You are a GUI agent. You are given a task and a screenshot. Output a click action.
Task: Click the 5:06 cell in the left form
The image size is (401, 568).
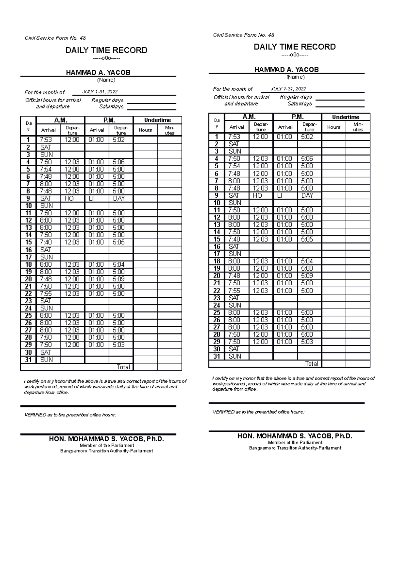pyautogui.click(x=119, y=162)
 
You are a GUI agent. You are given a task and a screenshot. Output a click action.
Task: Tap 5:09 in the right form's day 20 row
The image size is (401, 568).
pyautogui.click(x=307, y=276)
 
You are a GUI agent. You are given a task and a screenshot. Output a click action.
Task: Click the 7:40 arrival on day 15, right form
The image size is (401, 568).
pyautogui.click(x=234, y=239)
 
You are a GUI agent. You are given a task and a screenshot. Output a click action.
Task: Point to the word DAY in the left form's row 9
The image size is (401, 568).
pyautogui.click(x=119, y=198)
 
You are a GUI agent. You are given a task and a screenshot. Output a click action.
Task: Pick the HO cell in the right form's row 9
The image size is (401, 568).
pyautogui.click(x=257, y=195)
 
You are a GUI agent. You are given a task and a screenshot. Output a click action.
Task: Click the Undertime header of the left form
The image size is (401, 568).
pyautogui.click(x=157, y=120)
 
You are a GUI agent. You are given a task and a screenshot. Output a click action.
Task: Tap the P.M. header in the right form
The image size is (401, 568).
pyautogui.click(x=297, y=117)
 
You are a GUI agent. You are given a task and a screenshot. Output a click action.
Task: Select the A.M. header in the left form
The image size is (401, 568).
pyautogui.click(x=60, y=120)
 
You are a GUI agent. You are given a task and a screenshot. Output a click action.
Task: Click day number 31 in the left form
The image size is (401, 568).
pyautogui.click(x=28, y=360)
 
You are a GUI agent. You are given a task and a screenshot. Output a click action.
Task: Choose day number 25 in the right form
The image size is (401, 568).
pyautogui.click(x=217, y=312)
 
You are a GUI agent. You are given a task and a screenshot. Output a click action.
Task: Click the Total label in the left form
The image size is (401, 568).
pyautogui.click(x=123, y=367)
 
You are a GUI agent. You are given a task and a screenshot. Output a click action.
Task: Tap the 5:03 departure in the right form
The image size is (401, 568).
pyautogui.click(x=307, y=342)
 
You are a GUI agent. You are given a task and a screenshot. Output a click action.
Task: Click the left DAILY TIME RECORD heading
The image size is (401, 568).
pyautogui.click(x=106, y=50)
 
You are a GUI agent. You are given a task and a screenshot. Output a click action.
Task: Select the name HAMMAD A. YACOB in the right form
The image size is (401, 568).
pyautogui.click(x=286, y=70)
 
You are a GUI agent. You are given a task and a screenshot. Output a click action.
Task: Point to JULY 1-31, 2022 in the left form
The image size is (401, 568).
pyautogui.click(x=100, y=92)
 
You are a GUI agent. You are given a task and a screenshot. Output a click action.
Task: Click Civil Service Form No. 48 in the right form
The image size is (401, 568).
pyautogui.click(x=244, y=35)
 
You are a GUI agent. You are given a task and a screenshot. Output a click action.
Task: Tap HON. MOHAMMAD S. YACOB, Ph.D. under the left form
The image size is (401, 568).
pyautogui.click(x=107, y=439)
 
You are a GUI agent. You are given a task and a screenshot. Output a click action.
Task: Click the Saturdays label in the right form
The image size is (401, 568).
pyautogui.click(x=299, y=104)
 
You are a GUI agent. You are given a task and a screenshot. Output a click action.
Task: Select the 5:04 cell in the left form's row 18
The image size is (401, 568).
pyautogui.click(x=119, y=264)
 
